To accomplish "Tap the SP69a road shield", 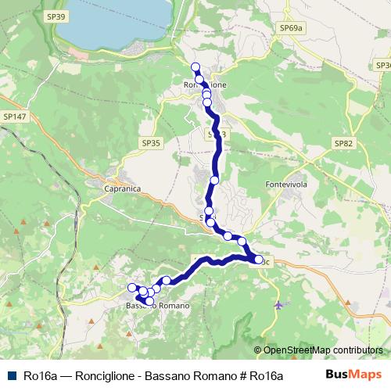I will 290,27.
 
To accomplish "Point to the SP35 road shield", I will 151,143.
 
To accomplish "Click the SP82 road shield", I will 343,143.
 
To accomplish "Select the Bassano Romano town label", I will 157,306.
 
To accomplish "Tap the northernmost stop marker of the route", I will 195,66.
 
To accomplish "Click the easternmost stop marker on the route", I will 259,259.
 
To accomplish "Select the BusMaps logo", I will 353,375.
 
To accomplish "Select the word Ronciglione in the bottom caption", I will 108,375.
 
